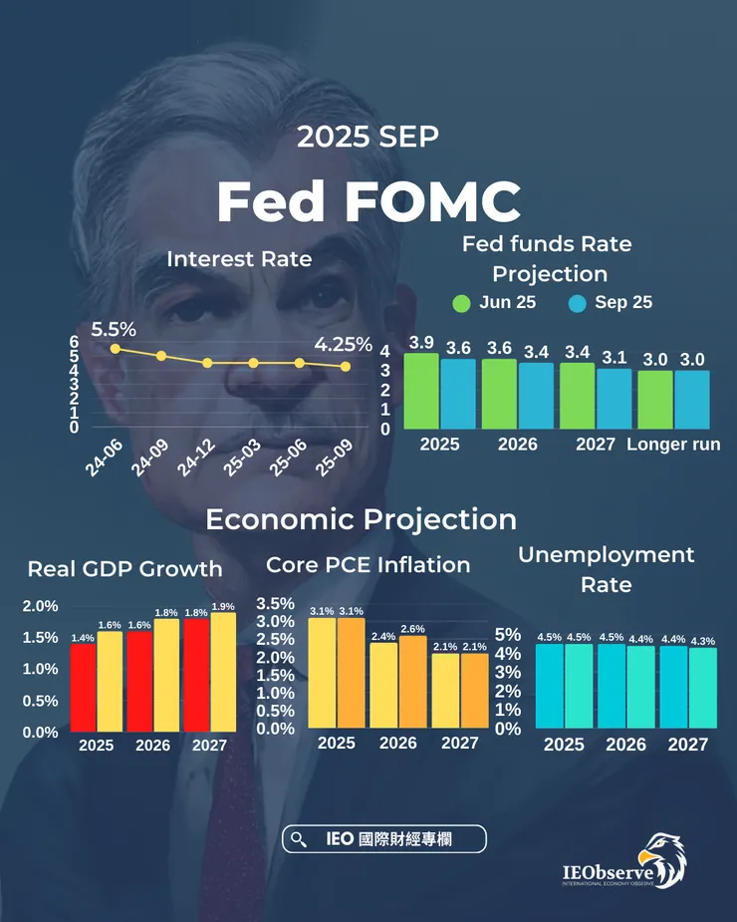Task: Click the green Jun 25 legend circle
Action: tap(461, 303)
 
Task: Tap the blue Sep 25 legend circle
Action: tap(577, 303)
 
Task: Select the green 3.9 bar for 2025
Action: tap(421, 391)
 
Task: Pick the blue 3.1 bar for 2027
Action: tap(614, 399)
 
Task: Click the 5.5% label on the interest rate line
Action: tap(114, 328)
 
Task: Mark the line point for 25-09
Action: tap(346, 367)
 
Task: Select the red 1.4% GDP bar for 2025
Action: tap(83, 687)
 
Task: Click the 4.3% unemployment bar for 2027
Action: tap(702, 688)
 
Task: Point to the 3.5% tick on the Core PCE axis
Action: tap(275, 604)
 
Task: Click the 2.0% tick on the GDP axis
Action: tap(41, 606)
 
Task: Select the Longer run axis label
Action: tap(673, 445)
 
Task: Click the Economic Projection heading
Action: tap(361, 519)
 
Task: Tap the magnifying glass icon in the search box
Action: tap(297, 840)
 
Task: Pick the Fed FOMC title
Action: tap(368, 202)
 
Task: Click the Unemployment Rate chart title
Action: tap(606, 568)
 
